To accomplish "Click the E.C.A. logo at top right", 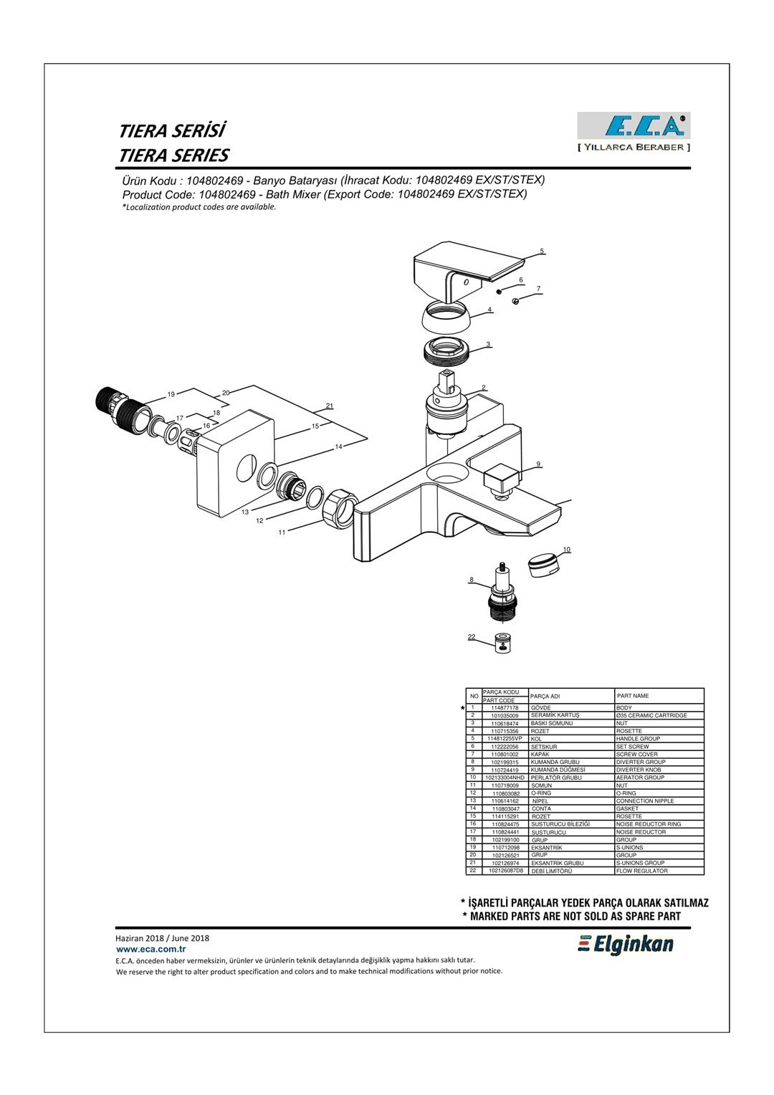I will [x=634, y=126].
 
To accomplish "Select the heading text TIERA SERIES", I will [x=173, y=156].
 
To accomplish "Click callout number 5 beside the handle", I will [x=542, y=252].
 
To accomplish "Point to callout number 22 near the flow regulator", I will [x=472, y=636].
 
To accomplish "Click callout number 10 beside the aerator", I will [x=566, y=550].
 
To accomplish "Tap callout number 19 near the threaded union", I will [x=171, y=394].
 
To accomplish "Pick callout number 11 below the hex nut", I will [x=282, y=532].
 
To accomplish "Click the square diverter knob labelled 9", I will [x=503, y=477].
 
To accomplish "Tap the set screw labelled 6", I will [x=500, y=291].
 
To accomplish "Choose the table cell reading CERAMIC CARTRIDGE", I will [x=651, y=715].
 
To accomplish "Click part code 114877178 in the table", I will [x=505, y=707].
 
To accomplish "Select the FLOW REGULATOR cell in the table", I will [x=642, y=871].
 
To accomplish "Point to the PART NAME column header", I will [x=633, y=696].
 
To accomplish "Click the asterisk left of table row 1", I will [x=463, y=708].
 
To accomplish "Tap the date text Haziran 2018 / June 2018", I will [x=163, y=937].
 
